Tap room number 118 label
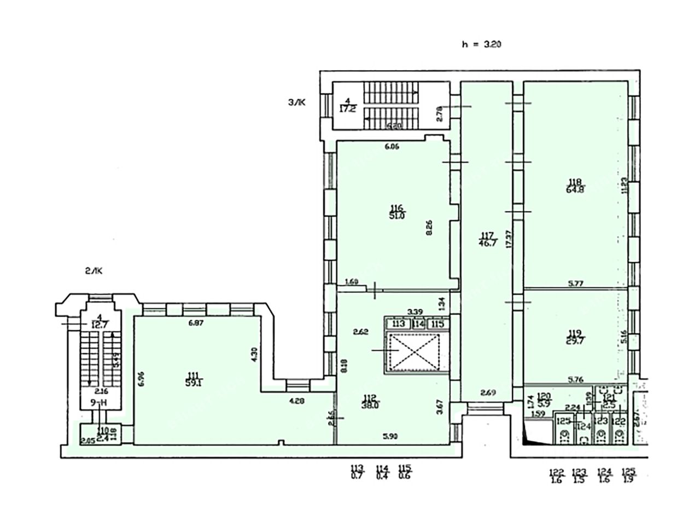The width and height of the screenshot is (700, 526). click(x=574, y=183)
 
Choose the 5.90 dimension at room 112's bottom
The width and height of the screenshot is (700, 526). click(x=389, y=436)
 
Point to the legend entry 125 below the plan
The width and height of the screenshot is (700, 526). click(x=629, y=475)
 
